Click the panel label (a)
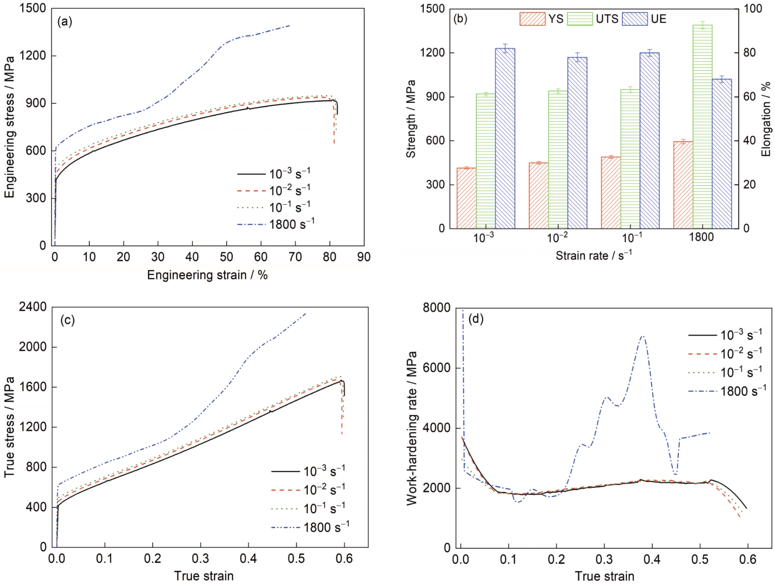[x=65, y=21]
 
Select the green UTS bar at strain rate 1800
[x=702, y=126]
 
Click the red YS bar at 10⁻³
[x=466, y=198]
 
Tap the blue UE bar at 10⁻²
[x=577, y=143]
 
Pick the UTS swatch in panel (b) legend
[x=580, y=19]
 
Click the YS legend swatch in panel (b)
[x=532, y=19]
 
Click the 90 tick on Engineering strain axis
[x=364, y=257]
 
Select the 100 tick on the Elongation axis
[x=753, y=9]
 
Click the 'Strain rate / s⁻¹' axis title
[x=594, y=255]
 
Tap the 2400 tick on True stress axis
[x=33, y=307]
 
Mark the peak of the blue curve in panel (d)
[x=643, y=336]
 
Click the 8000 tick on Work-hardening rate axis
[x=436, y=308]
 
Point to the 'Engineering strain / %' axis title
[x=207, y=275]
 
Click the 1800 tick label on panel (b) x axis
[x=701, y=238]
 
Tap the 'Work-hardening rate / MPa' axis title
[x=412, y=428]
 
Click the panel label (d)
[x=477, y=319]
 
